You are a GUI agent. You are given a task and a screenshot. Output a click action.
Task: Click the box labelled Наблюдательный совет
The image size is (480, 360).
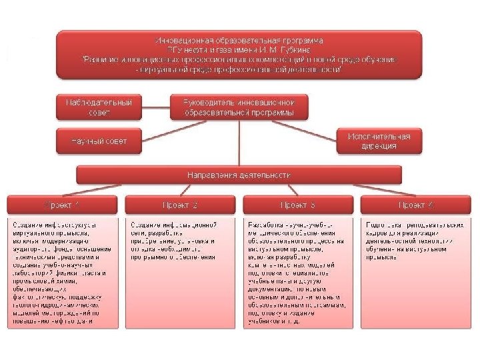coord(98,107)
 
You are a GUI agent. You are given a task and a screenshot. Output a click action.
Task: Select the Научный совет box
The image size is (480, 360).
coord(98,141)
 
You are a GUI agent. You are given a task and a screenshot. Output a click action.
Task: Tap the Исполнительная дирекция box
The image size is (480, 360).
coord(378,141)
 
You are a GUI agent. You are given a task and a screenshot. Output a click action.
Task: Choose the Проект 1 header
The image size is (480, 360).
coord(62,205)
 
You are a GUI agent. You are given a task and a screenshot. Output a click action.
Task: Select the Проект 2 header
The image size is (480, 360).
coord(180,205)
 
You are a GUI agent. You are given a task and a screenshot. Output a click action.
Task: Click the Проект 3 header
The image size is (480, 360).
coord(297,205)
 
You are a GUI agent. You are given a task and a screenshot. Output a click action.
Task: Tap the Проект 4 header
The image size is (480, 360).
coord(416,205)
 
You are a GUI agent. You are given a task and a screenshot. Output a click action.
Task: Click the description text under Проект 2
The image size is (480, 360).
coord(180,240)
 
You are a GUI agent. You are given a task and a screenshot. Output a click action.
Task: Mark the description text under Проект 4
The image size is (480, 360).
coord(416,240)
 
